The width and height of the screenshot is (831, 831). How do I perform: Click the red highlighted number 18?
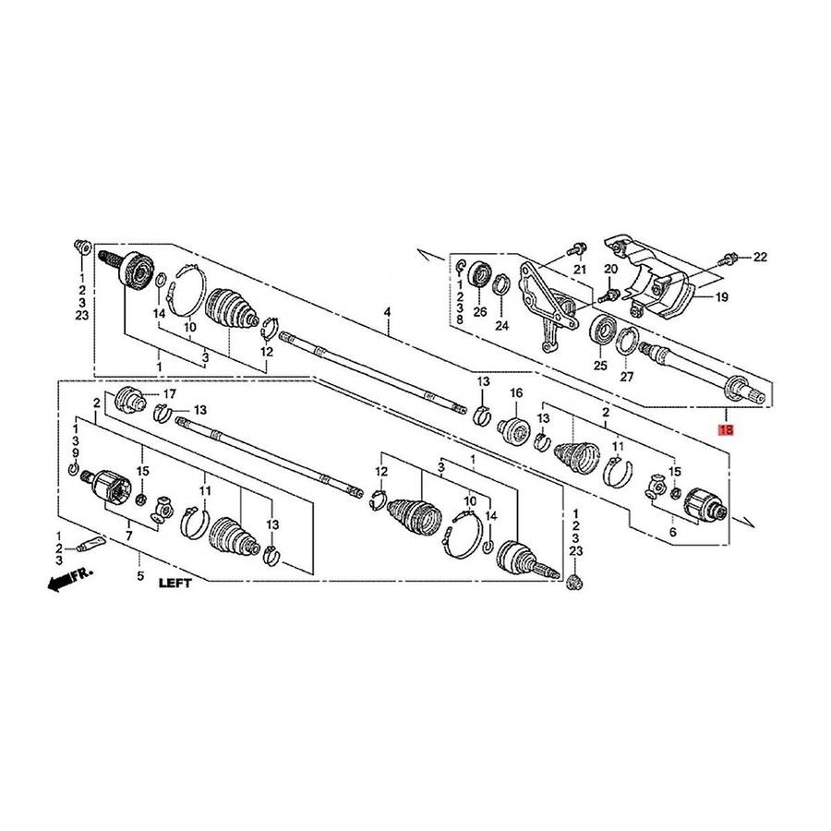pos(725,429)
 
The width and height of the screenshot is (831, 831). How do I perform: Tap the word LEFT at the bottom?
pos(175,583)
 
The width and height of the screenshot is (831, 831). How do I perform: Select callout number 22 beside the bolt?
pos(760,257)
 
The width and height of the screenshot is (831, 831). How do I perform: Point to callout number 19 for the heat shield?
pos(721,297)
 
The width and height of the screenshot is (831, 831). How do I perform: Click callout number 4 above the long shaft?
pos(388,312)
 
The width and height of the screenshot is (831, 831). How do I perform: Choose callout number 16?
pos(516,392)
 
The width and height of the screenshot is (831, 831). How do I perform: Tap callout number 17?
pos(170,393)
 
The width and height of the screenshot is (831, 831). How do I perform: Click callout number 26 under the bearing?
pos(480,312)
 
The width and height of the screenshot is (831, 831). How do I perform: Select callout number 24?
pos(501,325)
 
